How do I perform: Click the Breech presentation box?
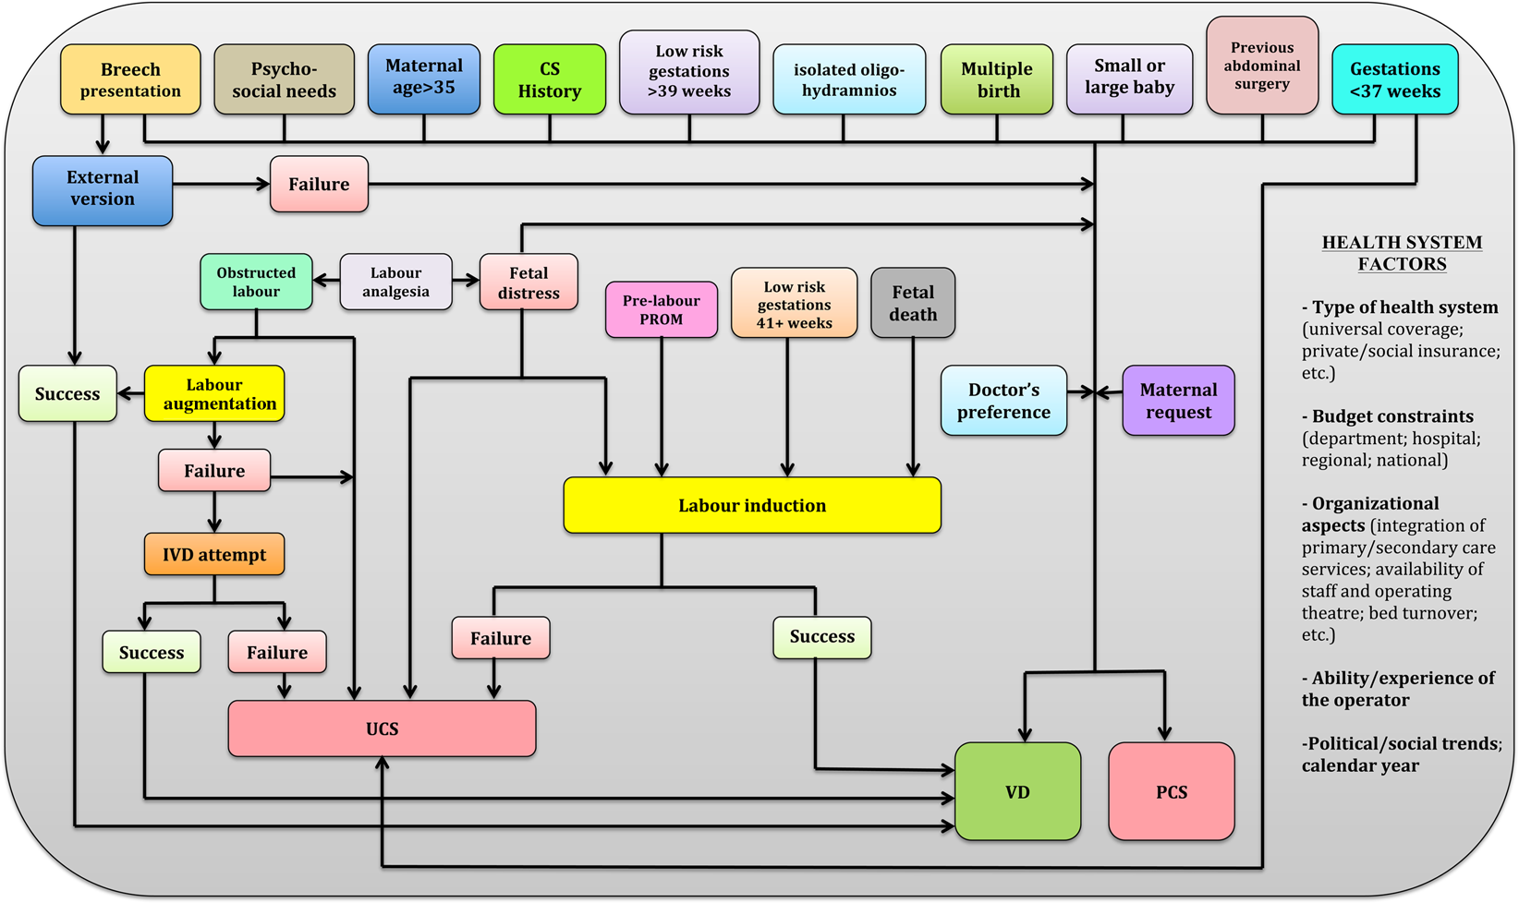130,80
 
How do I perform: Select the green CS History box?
550,80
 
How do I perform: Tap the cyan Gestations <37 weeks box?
1394,80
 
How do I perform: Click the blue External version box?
103,189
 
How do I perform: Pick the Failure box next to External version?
319,185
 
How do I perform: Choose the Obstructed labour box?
256,283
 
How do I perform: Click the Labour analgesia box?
395,283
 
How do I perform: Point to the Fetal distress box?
529,283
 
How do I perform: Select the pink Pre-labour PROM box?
662,310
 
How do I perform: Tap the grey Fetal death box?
913,303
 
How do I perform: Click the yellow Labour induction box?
752,506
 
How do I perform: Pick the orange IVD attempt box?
214,555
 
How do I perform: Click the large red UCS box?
382,729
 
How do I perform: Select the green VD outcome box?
1017,792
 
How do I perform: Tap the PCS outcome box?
1171,792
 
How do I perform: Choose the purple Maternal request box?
1178,401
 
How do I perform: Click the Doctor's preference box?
1003,401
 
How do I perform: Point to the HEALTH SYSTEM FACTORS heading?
1402,253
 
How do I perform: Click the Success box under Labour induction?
821,637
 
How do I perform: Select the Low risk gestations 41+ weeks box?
794,305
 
